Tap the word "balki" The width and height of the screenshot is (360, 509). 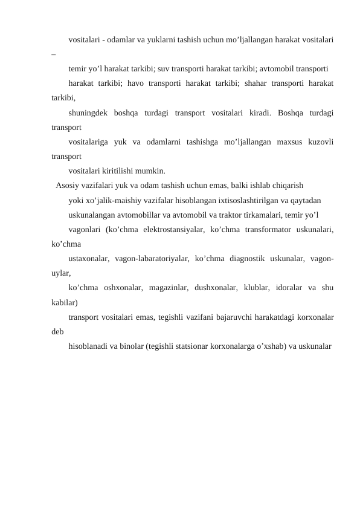[232, 185]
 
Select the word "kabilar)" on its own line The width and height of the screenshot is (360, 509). [65, 302]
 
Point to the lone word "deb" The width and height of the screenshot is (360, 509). [58, 331]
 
